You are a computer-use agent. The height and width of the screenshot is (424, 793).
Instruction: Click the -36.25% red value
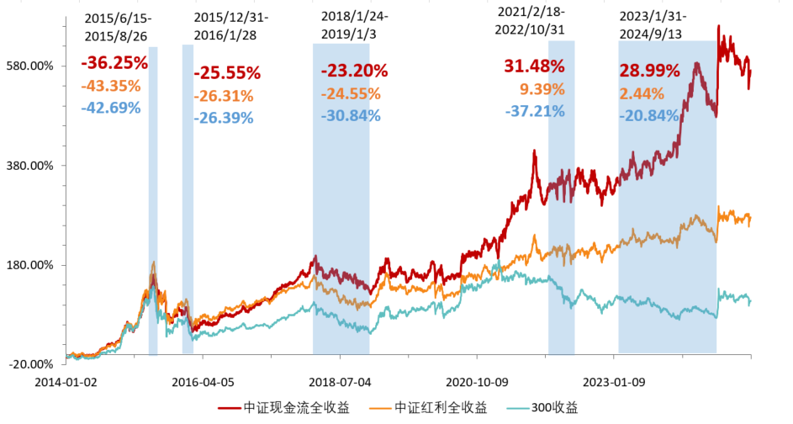[114, 63]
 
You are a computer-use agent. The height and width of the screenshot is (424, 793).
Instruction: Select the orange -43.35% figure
[114, 86]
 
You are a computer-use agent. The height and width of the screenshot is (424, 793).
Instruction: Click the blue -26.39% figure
[223, 118]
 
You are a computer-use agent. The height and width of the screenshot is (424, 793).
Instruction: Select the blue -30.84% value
[351, 115]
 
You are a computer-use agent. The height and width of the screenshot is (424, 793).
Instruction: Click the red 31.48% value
[534, 66]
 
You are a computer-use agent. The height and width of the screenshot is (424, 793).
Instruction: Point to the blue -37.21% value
[535, 111]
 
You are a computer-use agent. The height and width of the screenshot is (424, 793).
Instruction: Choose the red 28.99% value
[650, 72]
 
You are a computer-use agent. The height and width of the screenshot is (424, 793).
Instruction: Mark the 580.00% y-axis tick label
[30, 66]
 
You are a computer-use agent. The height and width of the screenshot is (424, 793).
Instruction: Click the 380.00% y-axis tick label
[30, 166]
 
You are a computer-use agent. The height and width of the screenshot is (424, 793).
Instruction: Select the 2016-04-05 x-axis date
[202, 380]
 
